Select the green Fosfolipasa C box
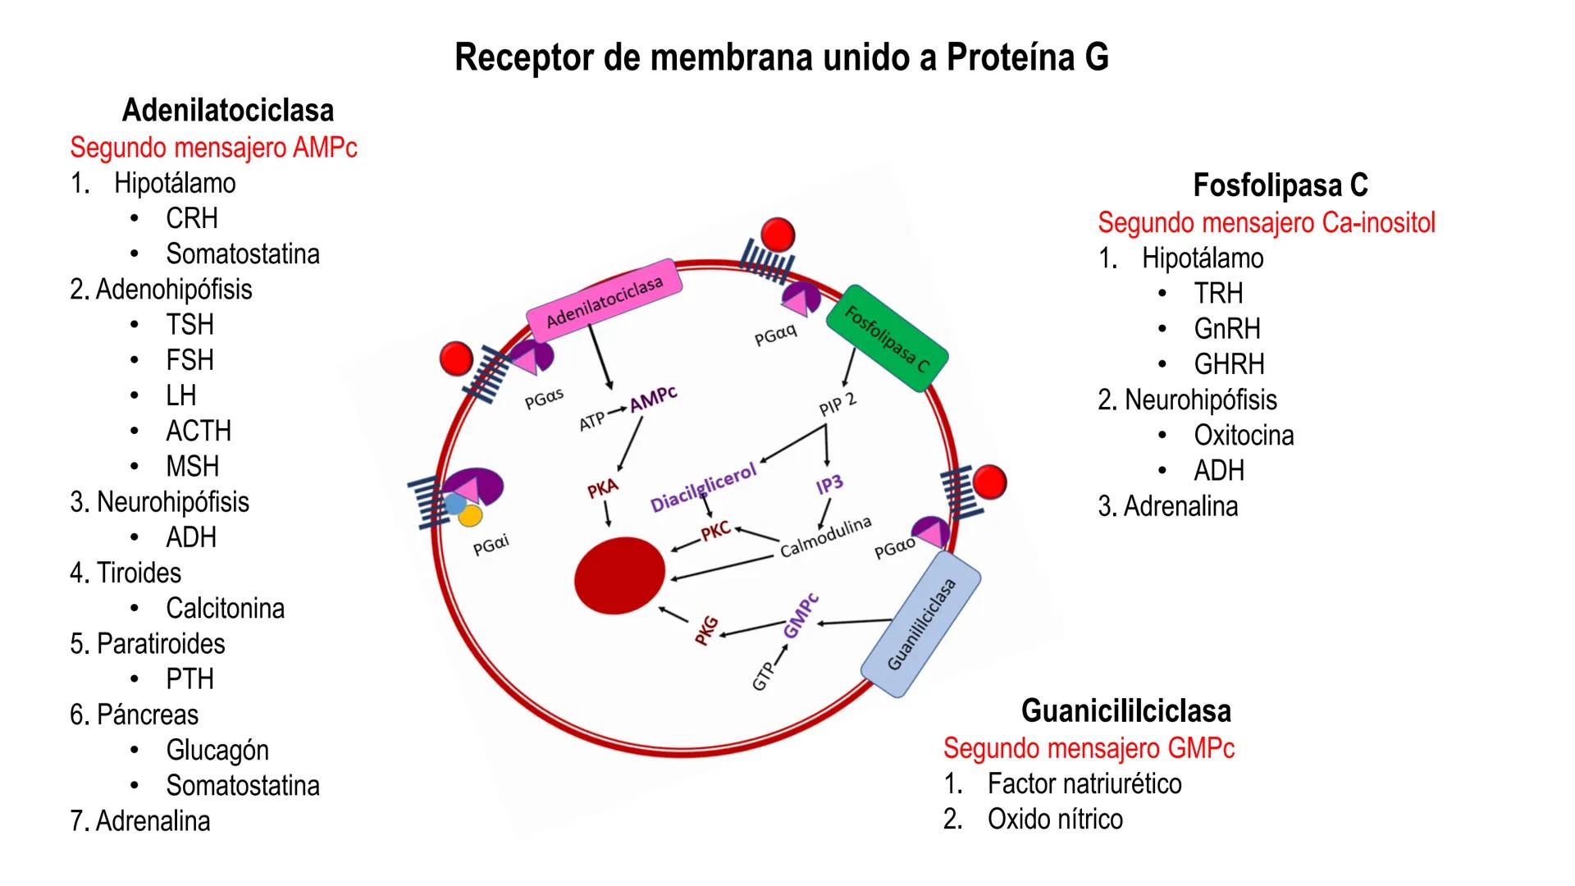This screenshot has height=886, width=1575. click(x=887, y=338)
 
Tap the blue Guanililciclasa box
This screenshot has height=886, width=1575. click(x=921, y=623)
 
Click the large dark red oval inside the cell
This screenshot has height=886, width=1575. click(x=620, y=576)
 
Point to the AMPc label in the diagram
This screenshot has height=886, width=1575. click(x=653, y=398)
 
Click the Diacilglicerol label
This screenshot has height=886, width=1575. click(x=703, y=488)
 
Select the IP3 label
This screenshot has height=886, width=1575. click(x=829, y=485)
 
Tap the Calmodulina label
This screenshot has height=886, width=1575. click(x=825, y=537)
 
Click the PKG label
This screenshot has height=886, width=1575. click(x=706, y=630)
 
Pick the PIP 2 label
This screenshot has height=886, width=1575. click(x=837, y=404)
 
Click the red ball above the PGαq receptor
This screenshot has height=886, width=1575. click(x=777, y=235)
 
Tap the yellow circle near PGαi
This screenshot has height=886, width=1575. click(x=470, y=516)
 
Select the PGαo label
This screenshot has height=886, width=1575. click(x=894, y=548)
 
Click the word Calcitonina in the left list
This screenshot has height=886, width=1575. click(x=225, y=609)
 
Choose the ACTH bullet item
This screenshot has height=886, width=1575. click(x=198, y=432)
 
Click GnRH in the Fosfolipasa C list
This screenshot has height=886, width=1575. click(x=1226, y=329)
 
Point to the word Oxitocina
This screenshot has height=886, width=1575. click(x=1244, y=436)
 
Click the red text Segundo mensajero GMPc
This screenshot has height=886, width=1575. click(x=1089, y=748)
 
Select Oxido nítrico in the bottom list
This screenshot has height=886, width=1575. click(x=1055, y=820)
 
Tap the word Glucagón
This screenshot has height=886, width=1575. click(x=217, y=751)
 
